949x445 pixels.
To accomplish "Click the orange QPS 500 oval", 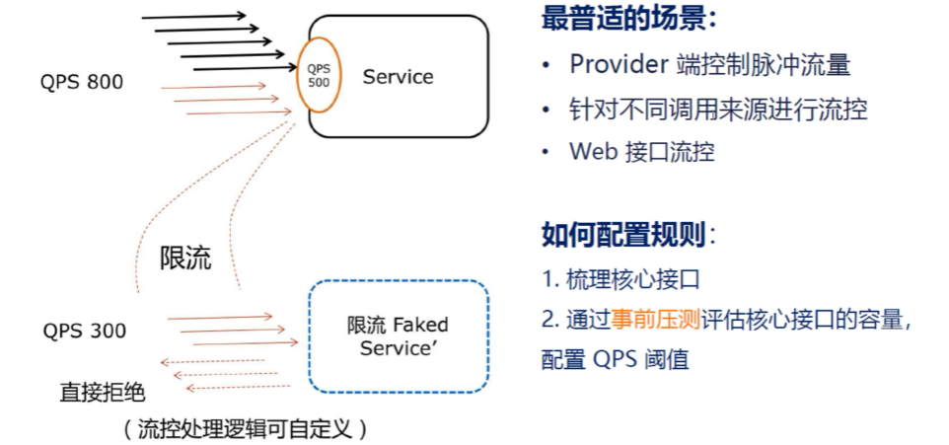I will [318, 75].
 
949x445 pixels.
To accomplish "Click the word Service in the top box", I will [398, 76].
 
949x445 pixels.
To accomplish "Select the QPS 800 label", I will [82, 82].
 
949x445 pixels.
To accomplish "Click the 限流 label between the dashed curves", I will [185, 259].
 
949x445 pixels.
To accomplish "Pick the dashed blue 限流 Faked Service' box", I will [398, 336].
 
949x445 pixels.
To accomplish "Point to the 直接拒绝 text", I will [103, 392].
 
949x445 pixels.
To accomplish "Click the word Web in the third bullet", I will [591, 152].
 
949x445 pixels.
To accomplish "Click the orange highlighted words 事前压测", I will [655, 318].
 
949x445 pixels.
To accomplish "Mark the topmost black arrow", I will [194, 17].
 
